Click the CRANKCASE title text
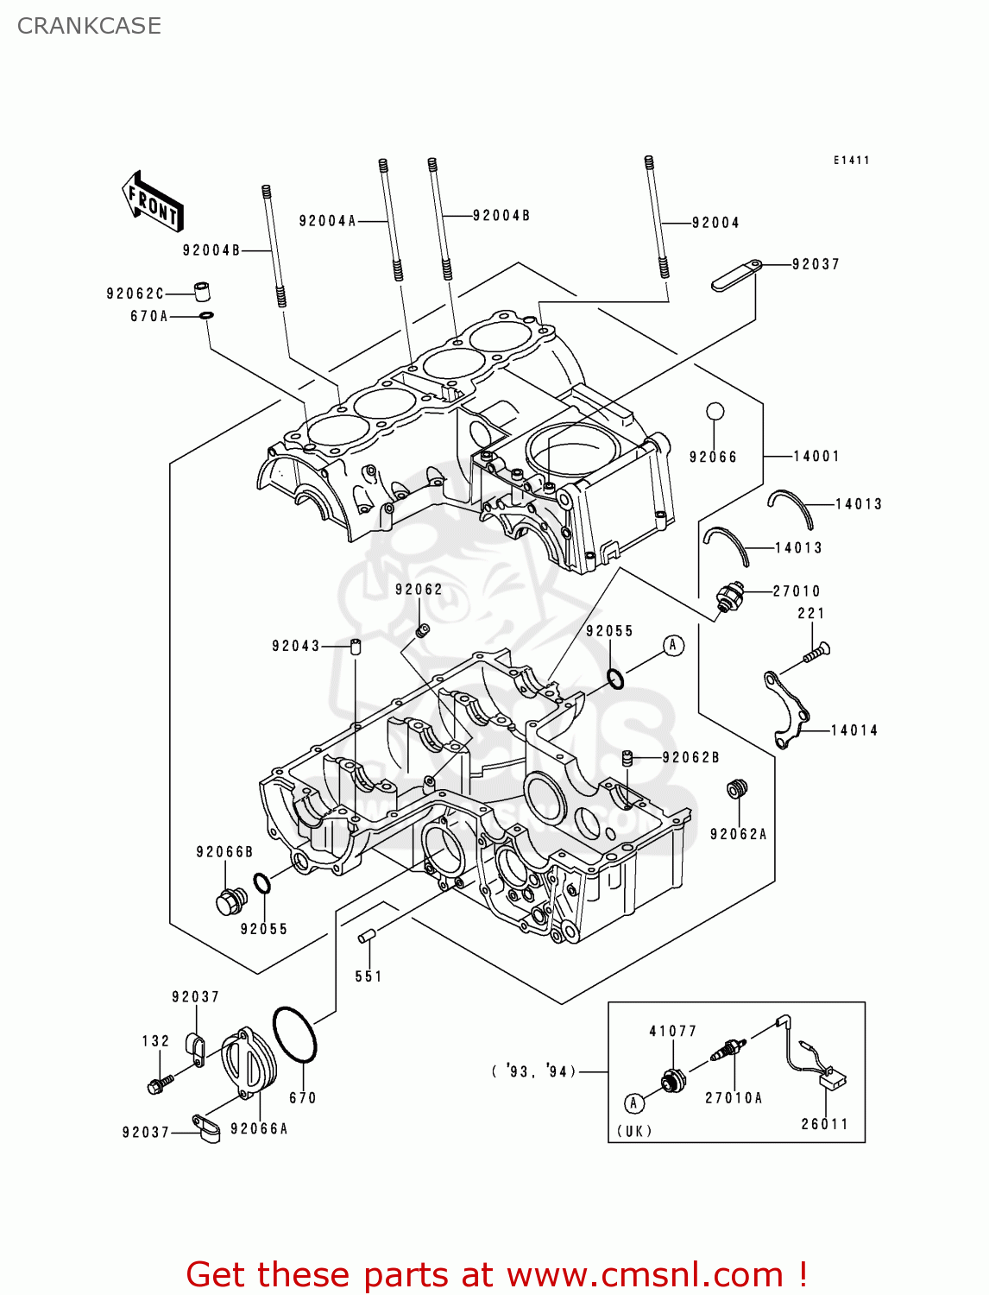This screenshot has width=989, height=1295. pos(89,26)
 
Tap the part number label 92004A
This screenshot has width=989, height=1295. pos(327,221)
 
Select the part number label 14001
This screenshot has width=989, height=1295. pos(816,456)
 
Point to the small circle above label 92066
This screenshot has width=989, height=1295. pos(715,411)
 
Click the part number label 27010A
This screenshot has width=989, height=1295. pos(734,1098)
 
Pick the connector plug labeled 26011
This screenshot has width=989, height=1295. pos(833,1078)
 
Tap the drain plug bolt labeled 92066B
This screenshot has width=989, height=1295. pos(230,901)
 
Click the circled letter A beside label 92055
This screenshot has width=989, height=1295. pos(673,645)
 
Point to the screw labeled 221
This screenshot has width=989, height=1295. pos(816,653)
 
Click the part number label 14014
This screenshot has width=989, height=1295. pos(854,730)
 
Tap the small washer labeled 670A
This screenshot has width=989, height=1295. pos(206,316)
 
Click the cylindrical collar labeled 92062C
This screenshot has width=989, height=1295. pos(201,290)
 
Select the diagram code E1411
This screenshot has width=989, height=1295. pos(851,160)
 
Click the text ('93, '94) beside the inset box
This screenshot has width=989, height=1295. pos(533,1071)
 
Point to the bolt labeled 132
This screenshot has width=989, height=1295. pos(161,1083)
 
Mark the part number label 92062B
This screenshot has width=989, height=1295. pos(690,757)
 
